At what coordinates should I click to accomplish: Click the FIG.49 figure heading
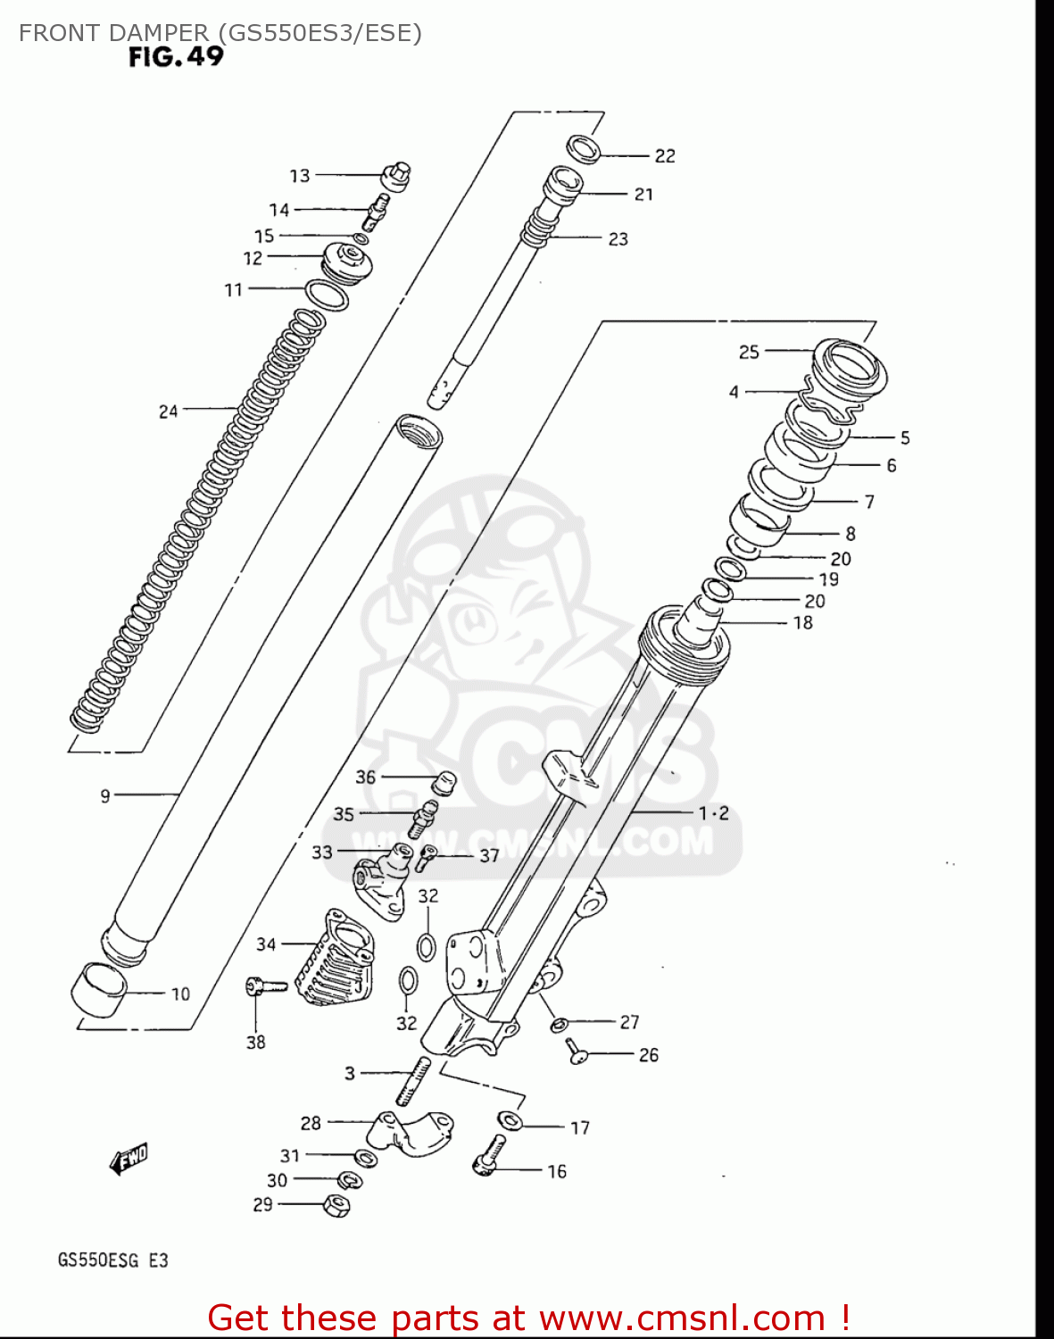click(176, 57)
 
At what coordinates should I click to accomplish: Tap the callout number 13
click(299, 176)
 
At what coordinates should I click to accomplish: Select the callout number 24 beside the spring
click(168, 412)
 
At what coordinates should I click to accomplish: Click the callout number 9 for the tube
click(105, 795)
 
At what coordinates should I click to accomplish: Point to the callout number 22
click(665, 155)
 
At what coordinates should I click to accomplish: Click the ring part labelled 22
click(584, 148)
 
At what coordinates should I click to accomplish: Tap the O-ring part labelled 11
click(326, 294)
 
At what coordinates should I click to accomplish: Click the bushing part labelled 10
click(97, 989)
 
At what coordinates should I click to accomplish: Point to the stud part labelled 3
click(414, 1080)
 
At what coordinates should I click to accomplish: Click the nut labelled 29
click(337, 1205)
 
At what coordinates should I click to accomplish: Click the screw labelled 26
click(576, 1052)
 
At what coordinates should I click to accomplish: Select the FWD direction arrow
click(129, 1159)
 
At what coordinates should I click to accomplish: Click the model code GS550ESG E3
click(112, 1260)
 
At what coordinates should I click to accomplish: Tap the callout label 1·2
click(713, 813)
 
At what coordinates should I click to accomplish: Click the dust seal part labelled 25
click(851, 366)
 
